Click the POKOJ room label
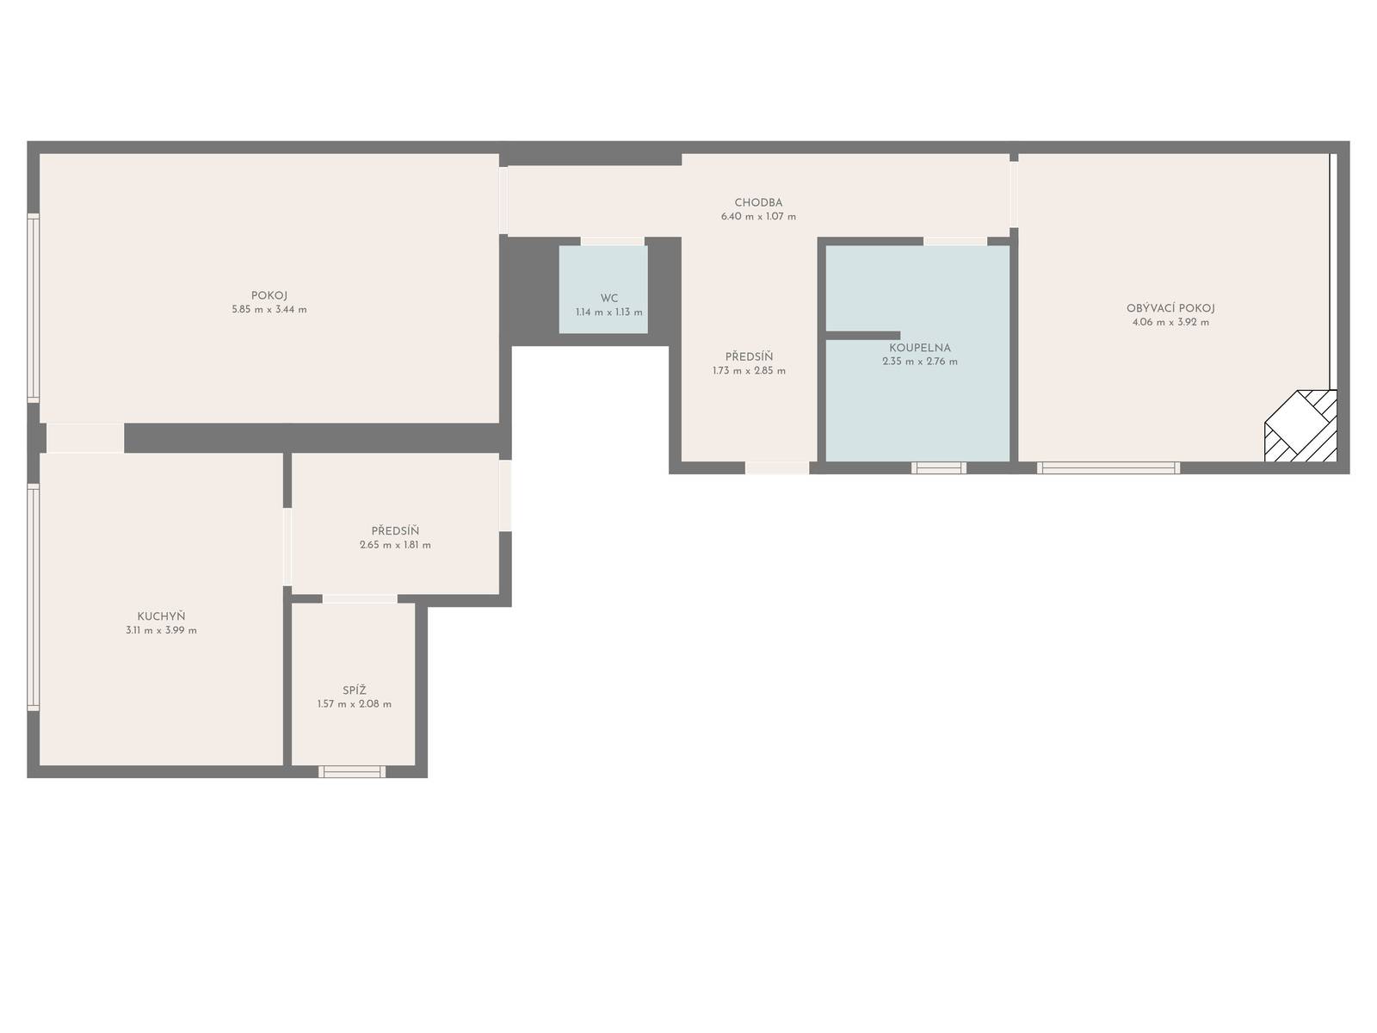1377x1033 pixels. coord(269,295)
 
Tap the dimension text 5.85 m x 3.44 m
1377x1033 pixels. coord(269,309)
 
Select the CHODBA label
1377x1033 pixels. coord(758,202)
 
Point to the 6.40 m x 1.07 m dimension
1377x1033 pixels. coord(758,216)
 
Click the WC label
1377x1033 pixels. coord(609,298)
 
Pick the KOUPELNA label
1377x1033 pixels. coord(920,348)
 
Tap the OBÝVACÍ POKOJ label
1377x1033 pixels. coord(1170,308)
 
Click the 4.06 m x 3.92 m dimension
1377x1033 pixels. coord(1170,322)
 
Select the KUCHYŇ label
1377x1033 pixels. coord(161,615)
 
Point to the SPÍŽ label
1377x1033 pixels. coord(355,690)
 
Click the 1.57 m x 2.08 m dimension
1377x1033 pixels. coord(355,703)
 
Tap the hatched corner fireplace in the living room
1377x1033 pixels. coord(1300,426)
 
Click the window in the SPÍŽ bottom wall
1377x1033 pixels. coord(352,771)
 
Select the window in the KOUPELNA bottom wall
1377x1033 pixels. coord(938,468)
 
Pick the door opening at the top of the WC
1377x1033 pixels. coord(612,242)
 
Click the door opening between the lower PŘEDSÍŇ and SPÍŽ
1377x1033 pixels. coord(360,599)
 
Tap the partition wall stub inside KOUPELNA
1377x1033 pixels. coord(862,336)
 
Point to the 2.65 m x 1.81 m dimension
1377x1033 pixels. coord(395,545)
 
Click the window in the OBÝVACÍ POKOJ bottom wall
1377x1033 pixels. coord(1108,468)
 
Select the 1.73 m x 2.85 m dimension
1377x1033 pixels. coord(749,371)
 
